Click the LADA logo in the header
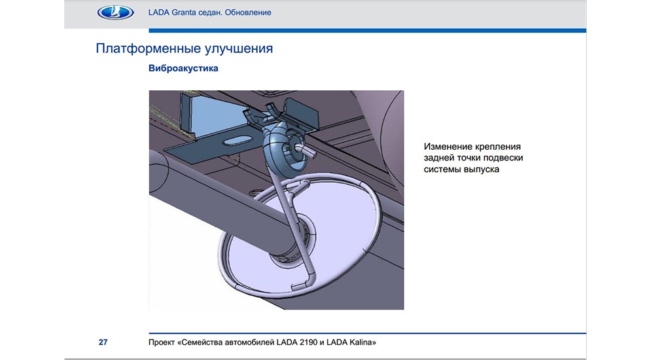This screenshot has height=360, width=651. click(115, 12)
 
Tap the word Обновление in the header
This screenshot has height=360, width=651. click(248, 12)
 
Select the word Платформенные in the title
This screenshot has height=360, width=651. click(145, 48)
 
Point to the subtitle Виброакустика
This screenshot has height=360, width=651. click(183, 69)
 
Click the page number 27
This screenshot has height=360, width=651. click(103, 342)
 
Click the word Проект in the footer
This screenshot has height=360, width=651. click(162, 342)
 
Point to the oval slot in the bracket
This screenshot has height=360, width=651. click(238, 141)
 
